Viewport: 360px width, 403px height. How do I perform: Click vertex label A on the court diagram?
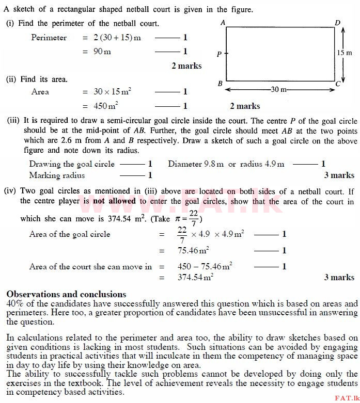[223, 22]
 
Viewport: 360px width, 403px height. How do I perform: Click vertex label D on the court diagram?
[337, 22]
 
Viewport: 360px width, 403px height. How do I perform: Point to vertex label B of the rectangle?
[220, 84]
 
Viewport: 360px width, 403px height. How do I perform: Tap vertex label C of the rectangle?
[337, 84]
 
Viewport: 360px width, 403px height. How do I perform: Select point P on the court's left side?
[220, 54]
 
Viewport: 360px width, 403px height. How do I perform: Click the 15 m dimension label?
[348, 53]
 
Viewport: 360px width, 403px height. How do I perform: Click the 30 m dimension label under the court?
[279, 89]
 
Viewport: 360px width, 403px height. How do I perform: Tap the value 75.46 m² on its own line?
[193, 251]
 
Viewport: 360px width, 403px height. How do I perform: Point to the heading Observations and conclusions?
[66, 294]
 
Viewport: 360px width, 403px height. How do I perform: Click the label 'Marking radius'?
[57, 175]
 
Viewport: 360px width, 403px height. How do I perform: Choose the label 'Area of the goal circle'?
[70, 234]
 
